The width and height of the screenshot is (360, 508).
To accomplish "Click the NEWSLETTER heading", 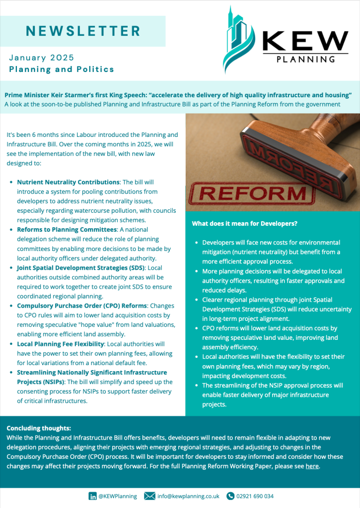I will [x=83, y=31].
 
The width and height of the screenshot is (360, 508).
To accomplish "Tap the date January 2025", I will [x=41, y=57].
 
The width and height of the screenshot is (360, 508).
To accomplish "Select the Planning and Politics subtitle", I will [x=62, y=69].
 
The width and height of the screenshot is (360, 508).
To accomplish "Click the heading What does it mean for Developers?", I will [x=245, y=224].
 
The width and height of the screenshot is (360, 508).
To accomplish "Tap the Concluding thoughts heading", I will [x=39, y=428].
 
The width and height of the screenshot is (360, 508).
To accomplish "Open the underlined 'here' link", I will [x=312, y=466].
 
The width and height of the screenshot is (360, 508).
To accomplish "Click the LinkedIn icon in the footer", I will [x=92, y=496].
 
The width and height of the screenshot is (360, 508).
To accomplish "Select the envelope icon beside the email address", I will [x=149, y=496].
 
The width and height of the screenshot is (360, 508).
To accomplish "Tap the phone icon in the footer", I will [x=230, y=496].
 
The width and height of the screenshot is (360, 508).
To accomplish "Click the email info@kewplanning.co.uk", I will [x=189, y=496].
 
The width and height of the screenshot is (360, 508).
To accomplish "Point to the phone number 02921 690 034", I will [x=255, y=496].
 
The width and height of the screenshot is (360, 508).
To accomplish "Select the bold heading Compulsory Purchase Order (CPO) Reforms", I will [x=82, y=306].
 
